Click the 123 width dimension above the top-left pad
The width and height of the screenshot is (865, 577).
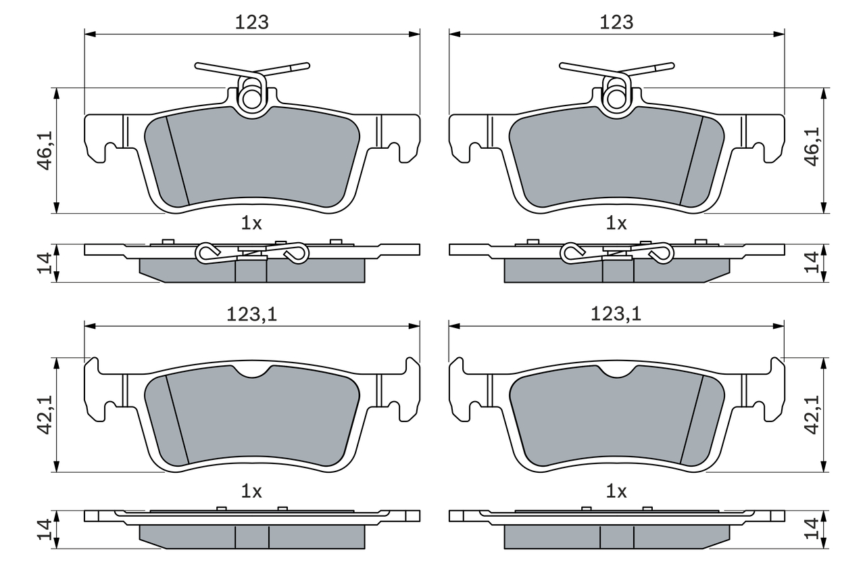coord(252,22)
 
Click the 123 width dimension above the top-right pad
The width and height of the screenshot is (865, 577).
coord(616,22)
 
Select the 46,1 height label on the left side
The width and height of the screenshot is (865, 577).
coord(45,150)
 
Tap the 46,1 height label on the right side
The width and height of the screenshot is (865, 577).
coord(812,147)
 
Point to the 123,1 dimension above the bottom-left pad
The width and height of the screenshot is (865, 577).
coord(252,314)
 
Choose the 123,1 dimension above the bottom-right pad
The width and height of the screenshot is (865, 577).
coord(616,314)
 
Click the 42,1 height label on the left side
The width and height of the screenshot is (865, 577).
coord(45,415)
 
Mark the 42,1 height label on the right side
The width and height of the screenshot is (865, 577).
coord(812,415)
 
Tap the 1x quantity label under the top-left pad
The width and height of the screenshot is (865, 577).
coord(251,223)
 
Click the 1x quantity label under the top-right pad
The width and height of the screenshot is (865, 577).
coord(616,223)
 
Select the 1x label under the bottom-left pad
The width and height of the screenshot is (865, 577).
coord(251,492)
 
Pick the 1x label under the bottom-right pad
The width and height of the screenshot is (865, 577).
coord(616,492)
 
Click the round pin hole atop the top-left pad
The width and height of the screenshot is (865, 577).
coord(252,99)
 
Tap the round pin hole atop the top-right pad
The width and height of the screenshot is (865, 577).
coord(616,99)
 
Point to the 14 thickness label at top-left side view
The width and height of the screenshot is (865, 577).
coord(45,263)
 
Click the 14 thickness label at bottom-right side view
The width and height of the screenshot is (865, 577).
coord(812,529)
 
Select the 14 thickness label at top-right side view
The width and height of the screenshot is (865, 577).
coord(812,262)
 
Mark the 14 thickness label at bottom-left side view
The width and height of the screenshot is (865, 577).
coord(45,530)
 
